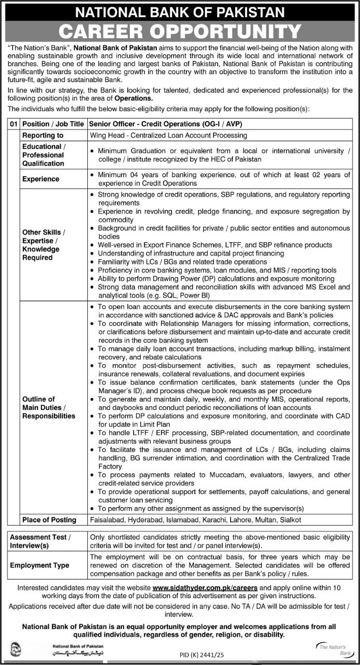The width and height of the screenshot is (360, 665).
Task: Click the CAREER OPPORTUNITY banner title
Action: [x=180, y=32]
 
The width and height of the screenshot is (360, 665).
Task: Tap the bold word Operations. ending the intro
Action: [x=135, y=98]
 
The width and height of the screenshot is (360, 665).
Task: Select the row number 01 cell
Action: [x=14, y=125]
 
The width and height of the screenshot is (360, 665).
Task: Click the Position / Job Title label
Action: [x=54, y=125]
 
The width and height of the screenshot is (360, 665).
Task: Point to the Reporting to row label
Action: [x=43, y=135]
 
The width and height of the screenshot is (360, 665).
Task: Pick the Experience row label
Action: [x=41, y=179]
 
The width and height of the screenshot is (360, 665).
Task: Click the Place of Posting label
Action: [x=49, y=520]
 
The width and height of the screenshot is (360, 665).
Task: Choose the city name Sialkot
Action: [x=288, y=520]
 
